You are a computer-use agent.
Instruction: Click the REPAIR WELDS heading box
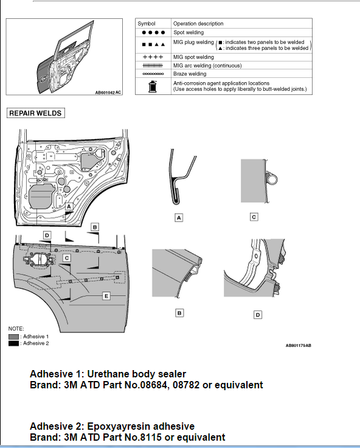[x=36, y=113]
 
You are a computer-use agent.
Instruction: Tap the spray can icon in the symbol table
[x=153, y=86]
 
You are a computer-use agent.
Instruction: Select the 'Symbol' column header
[x=147, y=24]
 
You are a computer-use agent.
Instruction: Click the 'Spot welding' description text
[x=189, y=33]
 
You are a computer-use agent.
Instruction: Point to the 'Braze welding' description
[x=190, y=74]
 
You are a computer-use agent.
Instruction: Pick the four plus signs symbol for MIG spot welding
[x=153, y=57]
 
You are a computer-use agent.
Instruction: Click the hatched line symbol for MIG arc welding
[x=153, y=66]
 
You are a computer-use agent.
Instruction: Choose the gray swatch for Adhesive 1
[x=13, y=337]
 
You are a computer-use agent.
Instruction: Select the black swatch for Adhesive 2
[x=13, y=343]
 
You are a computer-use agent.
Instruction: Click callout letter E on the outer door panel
[x=106, y=296]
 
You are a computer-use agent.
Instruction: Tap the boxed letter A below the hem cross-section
[x=179, y=218]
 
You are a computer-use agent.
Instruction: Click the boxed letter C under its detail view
[x=254, y=217]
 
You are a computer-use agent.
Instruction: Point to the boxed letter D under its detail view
[x=258, y=315]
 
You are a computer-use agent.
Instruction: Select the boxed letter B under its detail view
[x=179, y=313]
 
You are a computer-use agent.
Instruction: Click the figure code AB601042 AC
[x=108, y=93]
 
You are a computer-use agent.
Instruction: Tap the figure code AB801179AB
[x=299, y=345]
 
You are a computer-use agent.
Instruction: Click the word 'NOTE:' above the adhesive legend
[x=16, y=329]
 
